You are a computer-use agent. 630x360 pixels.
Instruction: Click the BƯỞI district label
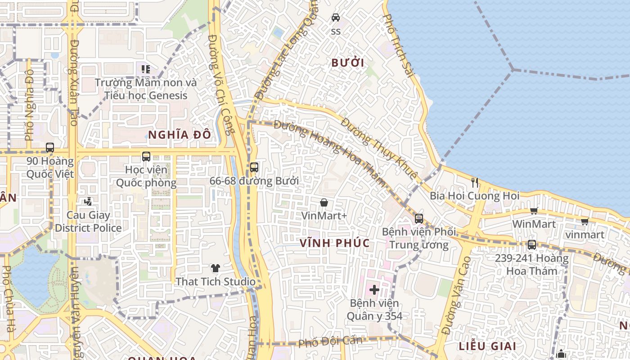tap(347, 63)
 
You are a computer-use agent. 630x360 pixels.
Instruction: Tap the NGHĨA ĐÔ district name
tap(179, 135)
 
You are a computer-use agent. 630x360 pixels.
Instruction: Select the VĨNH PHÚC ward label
tap(335, 243)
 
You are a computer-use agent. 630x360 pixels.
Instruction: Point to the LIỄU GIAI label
tap(487, 346)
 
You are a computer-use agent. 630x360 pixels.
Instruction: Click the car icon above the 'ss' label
tap(336, 18)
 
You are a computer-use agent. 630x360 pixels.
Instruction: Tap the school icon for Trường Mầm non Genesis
tap(145, 69)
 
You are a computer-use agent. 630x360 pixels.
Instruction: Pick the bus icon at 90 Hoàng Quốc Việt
tap(50, 148)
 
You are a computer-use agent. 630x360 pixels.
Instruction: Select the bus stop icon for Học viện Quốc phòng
tap(146, 157)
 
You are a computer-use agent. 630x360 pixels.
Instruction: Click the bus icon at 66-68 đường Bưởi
tap(254, 167)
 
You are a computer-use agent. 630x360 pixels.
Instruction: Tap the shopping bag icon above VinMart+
tap(324, 202)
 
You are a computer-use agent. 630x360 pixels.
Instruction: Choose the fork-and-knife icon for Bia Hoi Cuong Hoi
tap(474, 182)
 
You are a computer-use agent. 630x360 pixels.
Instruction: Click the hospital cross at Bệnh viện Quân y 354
tap(374, 289)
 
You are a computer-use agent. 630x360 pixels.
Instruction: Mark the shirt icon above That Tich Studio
tap(216, 268)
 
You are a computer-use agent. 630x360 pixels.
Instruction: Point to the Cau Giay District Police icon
tap(88, 202)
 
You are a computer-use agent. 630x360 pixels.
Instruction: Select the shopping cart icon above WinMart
tap(534, 211)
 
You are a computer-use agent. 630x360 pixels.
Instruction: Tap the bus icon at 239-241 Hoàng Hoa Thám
tap(531, 245)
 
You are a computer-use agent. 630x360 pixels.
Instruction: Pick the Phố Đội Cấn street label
tap(330, 341)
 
